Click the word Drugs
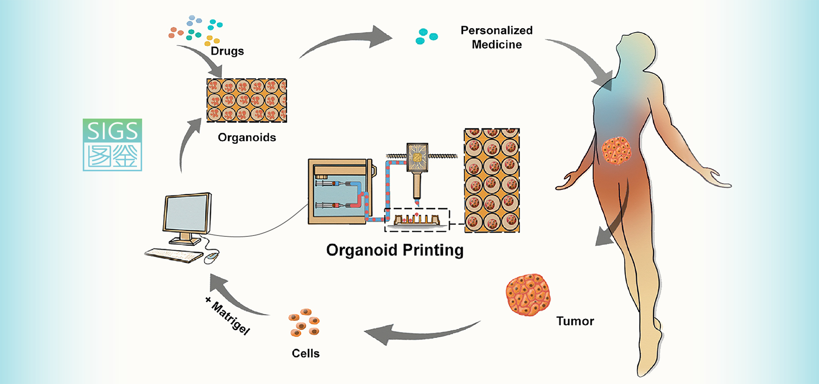227,51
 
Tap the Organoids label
247,137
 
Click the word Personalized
497,30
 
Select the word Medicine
497,44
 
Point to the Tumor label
575,321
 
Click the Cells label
305,353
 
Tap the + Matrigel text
227,316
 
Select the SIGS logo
112,145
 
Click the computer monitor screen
187,213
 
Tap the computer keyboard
174,255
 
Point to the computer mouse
211,257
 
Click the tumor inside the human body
616,151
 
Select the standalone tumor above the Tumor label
528,295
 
